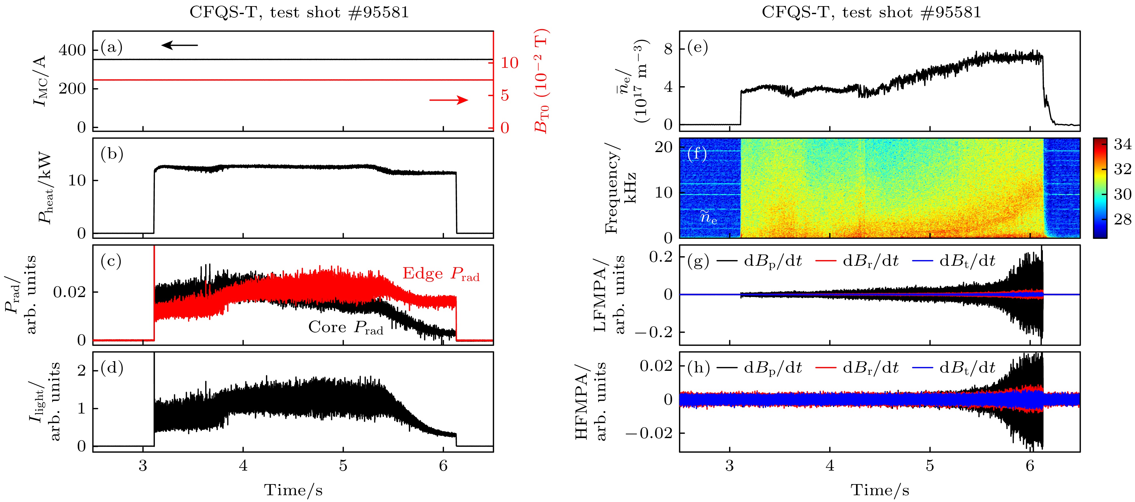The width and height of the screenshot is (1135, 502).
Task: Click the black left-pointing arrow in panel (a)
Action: point(179,45)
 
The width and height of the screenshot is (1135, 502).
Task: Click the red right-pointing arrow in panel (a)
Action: point(449,100)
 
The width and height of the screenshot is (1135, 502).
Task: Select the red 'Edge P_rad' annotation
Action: point(441,274)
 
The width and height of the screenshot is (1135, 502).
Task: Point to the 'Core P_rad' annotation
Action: point(345,328)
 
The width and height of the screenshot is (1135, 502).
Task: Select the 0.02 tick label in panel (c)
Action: point(70,292)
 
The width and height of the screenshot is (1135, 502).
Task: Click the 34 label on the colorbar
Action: point(1122,144)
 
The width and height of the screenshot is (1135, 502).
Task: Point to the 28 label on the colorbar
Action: point(1122,219)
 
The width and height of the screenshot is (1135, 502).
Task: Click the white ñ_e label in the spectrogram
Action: point(709,217)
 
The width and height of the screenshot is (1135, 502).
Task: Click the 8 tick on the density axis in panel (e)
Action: point(668,49)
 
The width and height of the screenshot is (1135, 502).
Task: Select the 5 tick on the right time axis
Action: point(930,466)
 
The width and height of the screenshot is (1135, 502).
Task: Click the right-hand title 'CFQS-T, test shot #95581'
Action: point(872,12)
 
